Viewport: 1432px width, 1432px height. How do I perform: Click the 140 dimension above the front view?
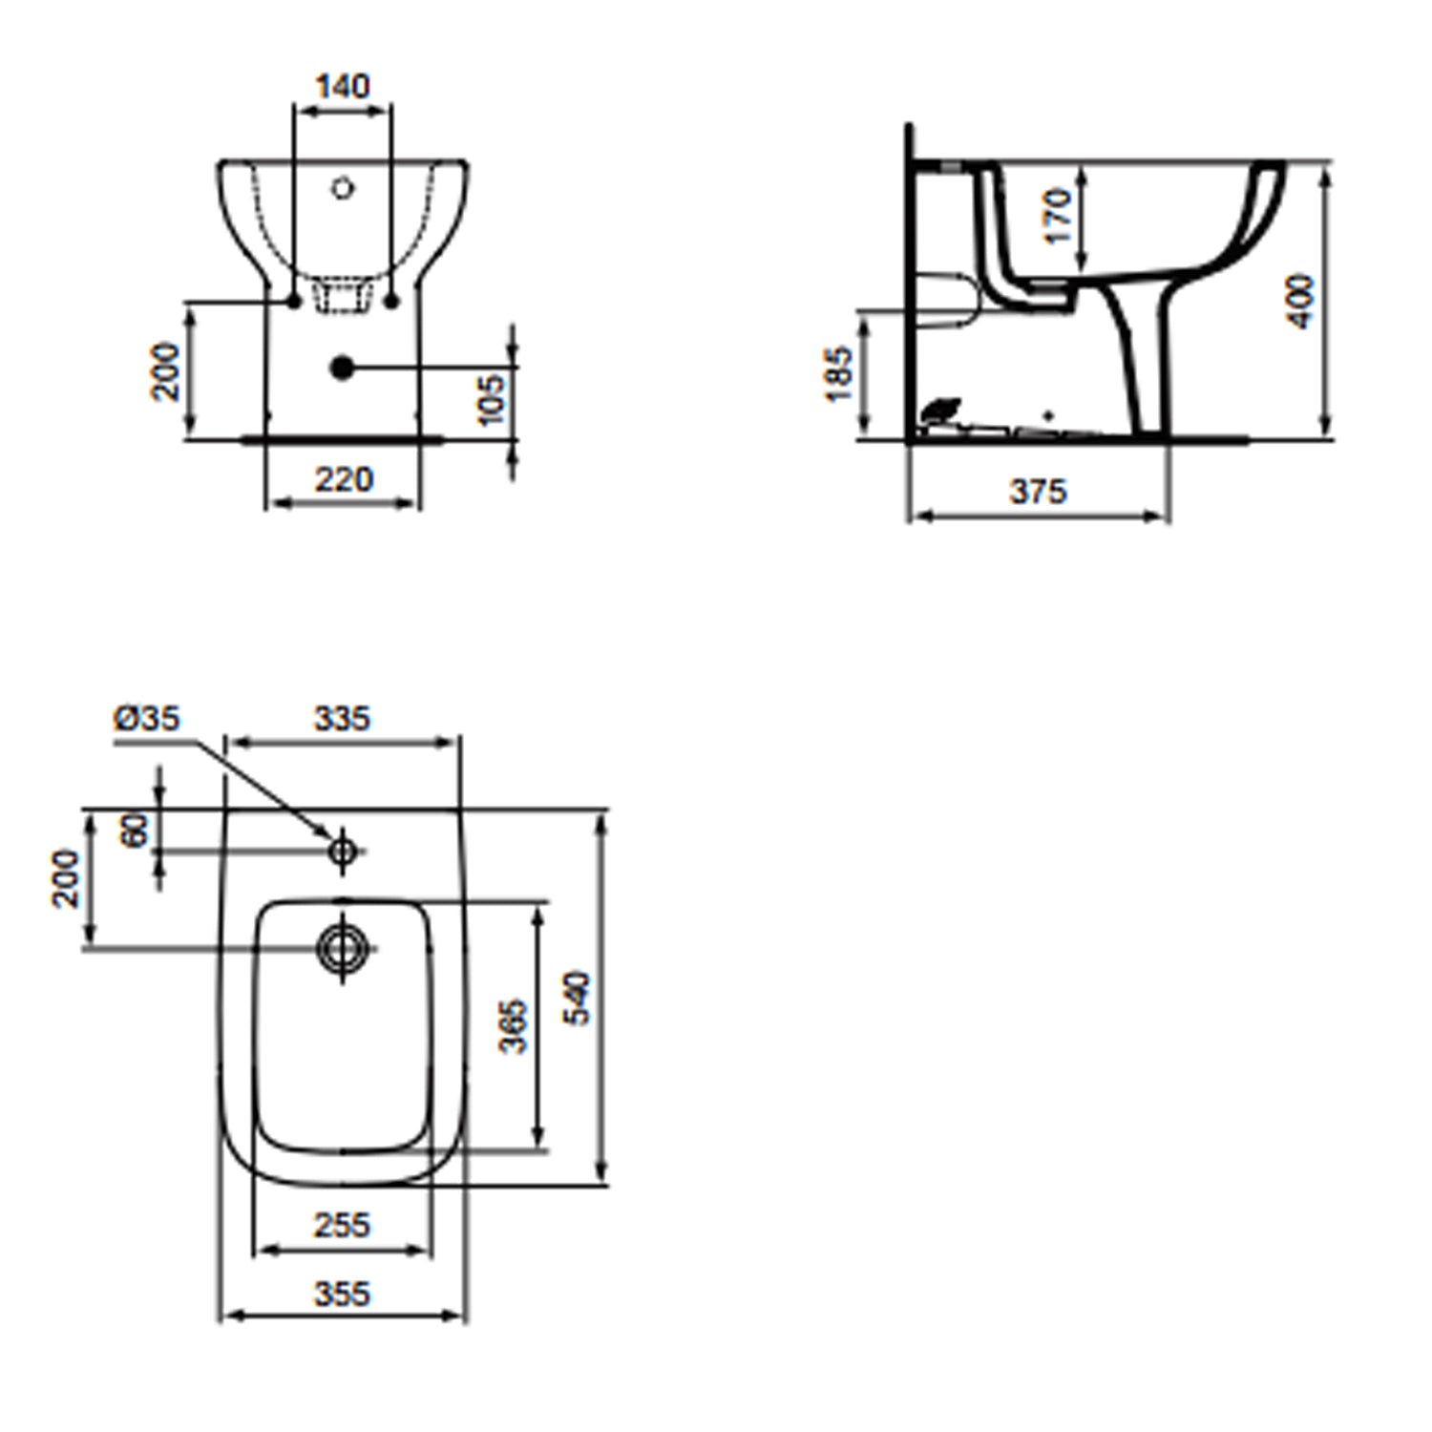[343, 87]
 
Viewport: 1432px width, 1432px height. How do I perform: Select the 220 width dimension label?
[344, 479]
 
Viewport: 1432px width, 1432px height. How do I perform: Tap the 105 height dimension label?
[490, 400]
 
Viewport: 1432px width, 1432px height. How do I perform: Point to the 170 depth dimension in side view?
[1058, 216]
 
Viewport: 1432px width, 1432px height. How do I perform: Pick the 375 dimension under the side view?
[1038, 492]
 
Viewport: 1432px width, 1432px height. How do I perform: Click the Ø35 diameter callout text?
[147, 718]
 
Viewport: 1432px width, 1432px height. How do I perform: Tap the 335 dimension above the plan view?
[342, 718]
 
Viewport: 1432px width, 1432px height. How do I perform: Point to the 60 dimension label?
[136, 830]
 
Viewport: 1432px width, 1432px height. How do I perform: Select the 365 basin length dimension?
[514, 1025]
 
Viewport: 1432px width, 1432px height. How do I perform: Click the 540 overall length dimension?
[578, 998]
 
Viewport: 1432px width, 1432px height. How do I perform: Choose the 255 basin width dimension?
[342, 1225]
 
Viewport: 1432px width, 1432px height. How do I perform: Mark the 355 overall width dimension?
[342, 1294]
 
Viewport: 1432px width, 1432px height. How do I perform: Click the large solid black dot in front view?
[342, 367]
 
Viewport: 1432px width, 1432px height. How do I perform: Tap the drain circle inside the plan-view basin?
[342, 948]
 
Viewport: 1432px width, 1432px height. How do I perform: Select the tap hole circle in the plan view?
[342, 849]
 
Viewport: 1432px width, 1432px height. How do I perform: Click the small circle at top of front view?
[343, 188]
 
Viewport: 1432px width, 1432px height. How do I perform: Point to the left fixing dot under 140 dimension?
[294, 302]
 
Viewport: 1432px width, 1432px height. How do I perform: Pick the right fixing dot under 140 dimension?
[391, 302]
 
